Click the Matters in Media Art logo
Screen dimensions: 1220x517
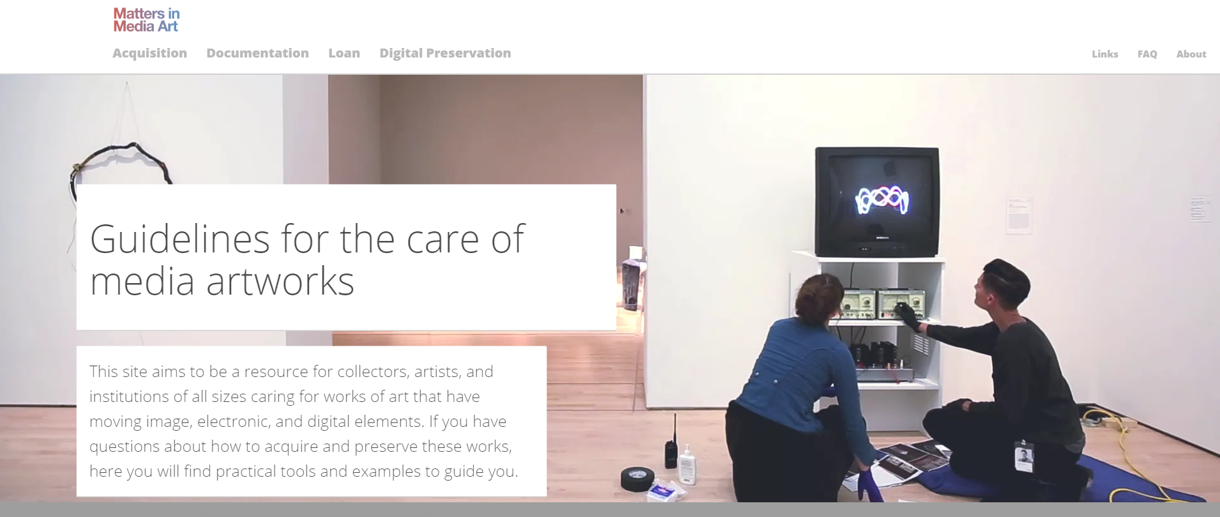point(146,20)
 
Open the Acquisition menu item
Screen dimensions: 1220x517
point(149,53)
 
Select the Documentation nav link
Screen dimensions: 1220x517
point(257,53)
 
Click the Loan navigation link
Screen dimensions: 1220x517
point(344,53)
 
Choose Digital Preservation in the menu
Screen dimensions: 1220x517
point(445,53)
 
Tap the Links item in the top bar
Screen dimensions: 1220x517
point(1104,54)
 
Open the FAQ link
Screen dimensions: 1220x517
point(1147,54)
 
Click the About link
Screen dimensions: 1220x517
point(1191,54)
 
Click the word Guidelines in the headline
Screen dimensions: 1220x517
point(180,240)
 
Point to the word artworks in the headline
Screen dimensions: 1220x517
point(280,281)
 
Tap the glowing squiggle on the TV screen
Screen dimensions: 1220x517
point(882,199)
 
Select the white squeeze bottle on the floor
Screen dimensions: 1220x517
point(686,464)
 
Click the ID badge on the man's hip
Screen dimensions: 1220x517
point(1024,456)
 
